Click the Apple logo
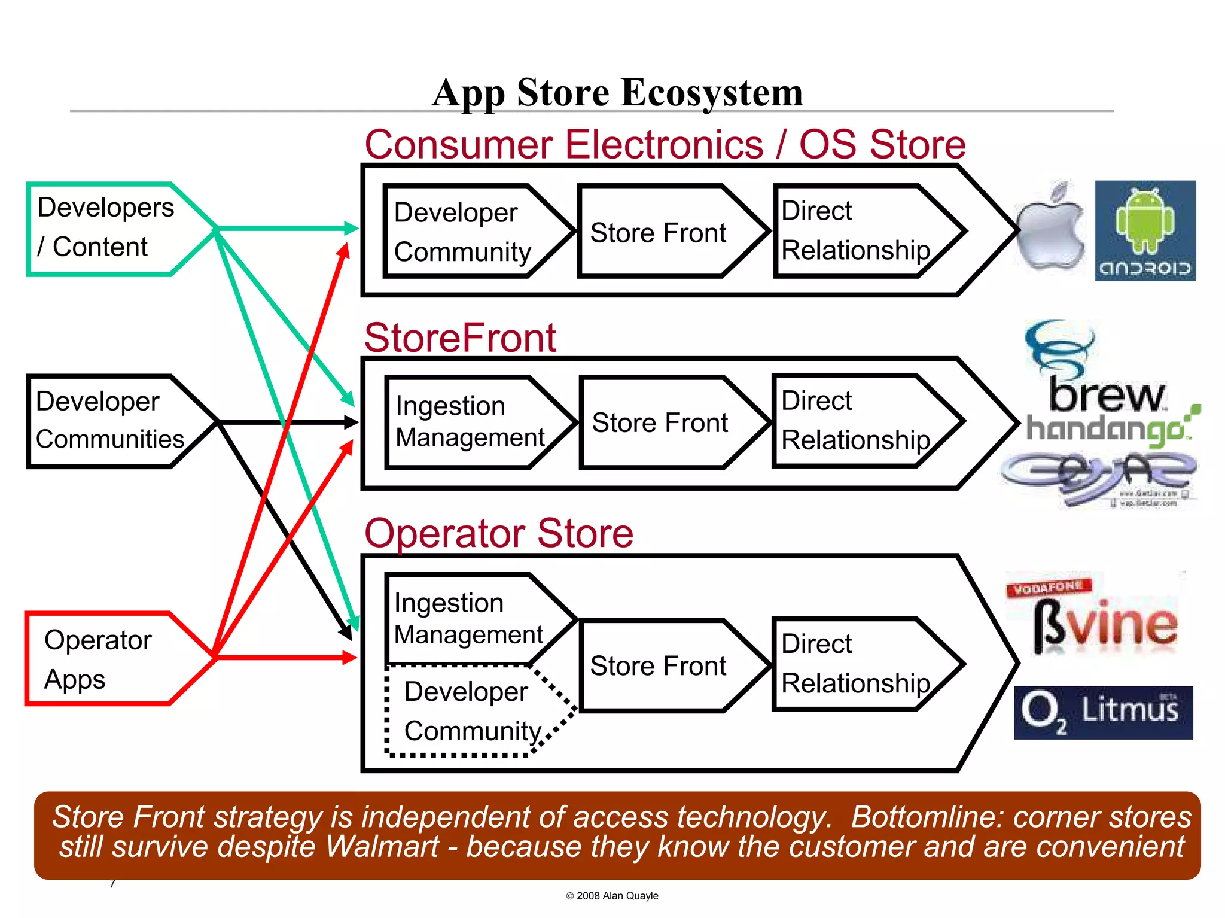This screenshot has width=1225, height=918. coord(1051,230)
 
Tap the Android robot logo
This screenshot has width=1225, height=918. coord(1145,230)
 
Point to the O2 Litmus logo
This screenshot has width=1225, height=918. coord(1103,712)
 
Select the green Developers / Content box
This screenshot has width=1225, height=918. coord(108,229)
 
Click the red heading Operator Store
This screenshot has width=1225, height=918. coord(498,533)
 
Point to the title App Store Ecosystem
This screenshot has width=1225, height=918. coord(617,93)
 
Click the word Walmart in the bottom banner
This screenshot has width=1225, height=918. coord(382,847)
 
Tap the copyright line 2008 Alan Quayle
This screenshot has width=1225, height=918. coord(612,896)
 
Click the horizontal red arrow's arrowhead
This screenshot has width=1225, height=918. coord(350,658)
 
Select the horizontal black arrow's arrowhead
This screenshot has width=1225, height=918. coord(351,422)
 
